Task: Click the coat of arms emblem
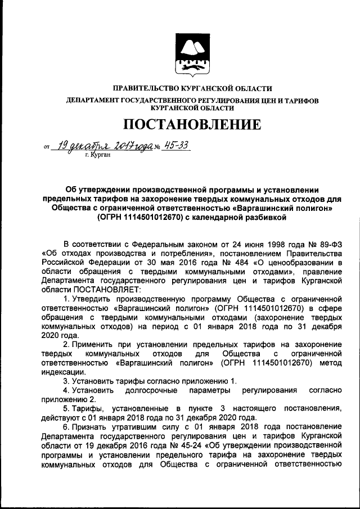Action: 192,55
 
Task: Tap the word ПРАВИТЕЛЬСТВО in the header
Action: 146,88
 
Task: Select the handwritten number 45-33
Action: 174,146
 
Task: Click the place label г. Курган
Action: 98,154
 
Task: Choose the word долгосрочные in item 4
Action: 147,390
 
